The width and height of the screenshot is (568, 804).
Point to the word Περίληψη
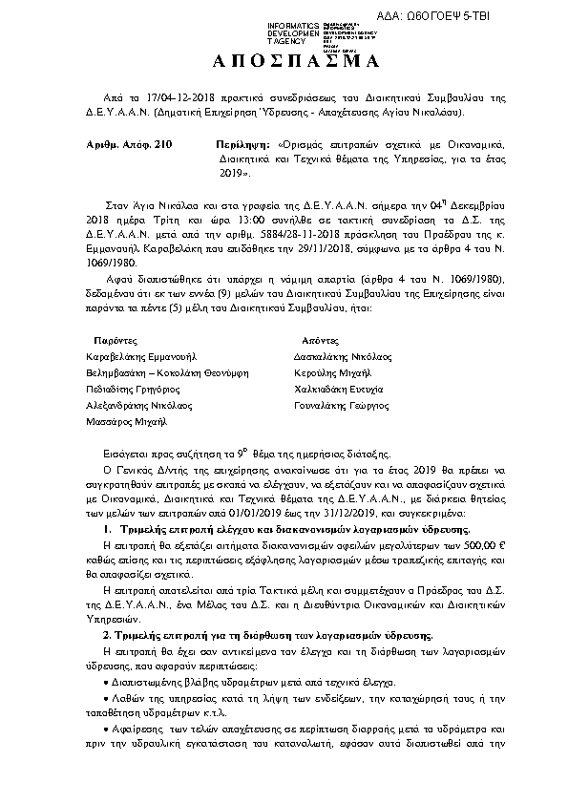coord(241,141)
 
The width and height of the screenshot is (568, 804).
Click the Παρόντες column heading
coord(116,341)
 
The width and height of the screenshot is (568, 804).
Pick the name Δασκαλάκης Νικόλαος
coord(346,357)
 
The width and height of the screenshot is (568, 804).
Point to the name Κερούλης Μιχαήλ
coord(334,373)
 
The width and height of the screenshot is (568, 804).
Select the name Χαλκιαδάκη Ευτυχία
coord(343,390)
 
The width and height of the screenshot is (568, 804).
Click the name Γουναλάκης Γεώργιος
coord(345,406)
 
